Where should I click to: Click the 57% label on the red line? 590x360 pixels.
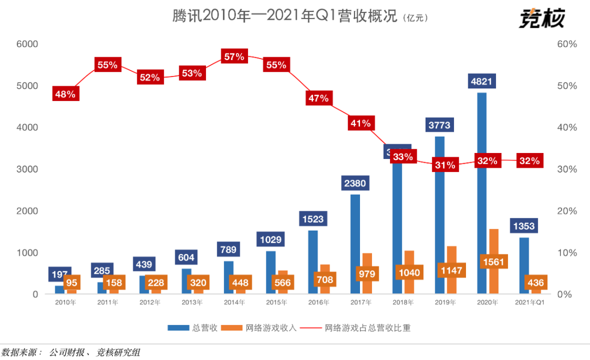click(234, 56)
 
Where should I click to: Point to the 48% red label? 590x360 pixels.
click(65, 94)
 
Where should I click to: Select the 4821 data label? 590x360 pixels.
click(481, 82)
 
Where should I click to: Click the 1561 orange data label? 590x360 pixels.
click(494, 262)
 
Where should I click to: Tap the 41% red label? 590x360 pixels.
click(361, 123)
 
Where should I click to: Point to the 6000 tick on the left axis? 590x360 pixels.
click(26, 44)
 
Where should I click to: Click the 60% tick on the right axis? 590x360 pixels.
click(567, 44)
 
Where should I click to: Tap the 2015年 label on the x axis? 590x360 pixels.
click(276, 303)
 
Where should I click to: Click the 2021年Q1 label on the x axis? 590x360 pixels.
click(529, 303)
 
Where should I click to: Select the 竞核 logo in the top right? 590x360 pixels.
click(541, 18)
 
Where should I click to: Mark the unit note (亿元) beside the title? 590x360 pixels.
click(415, 19)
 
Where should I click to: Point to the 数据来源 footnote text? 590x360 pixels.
click(70, 352)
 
